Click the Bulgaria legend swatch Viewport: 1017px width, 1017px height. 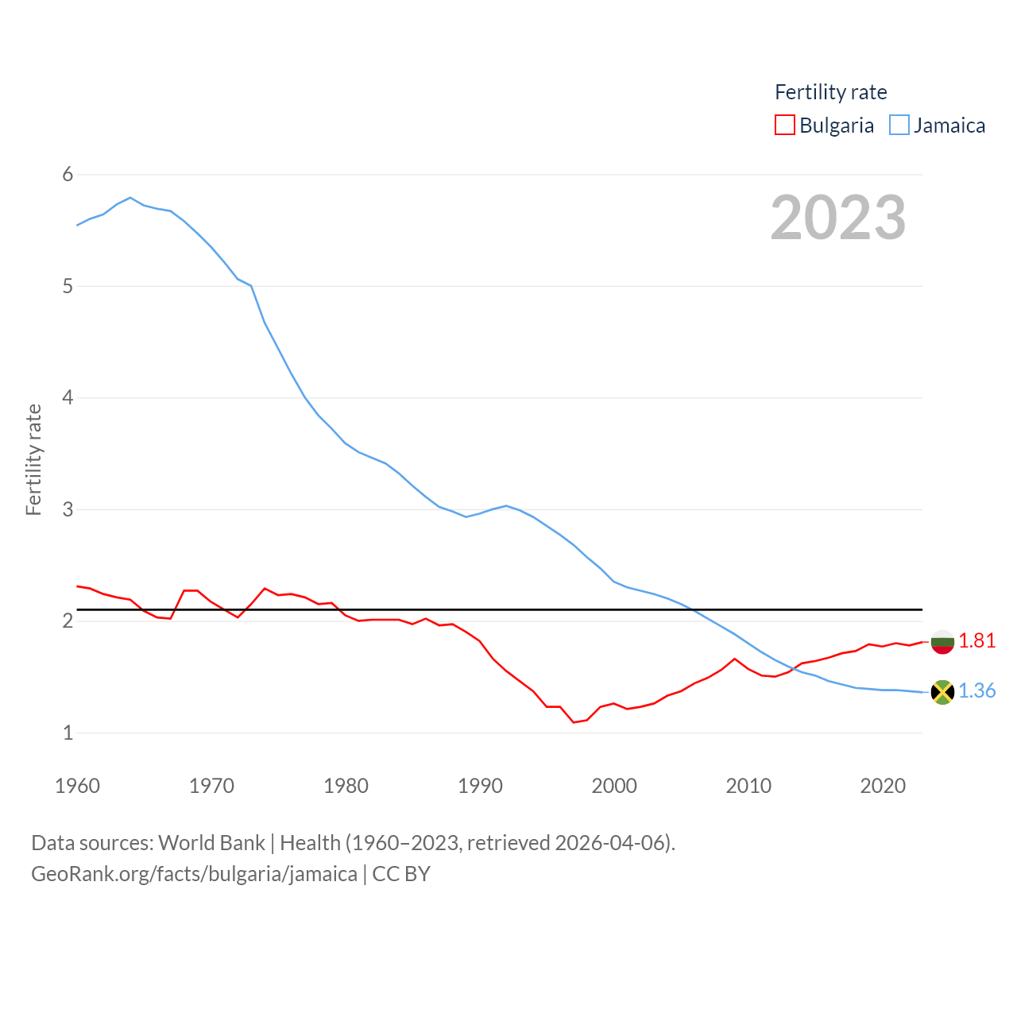click(784, 126)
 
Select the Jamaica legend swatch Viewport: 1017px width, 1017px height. click(899, 126)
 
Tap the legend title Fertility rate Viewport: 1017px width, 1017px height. click(830, 92)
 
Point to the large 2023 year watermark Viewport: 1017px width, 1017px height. click(837, 218)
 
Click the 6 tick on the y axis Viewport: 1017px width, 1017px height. click(68, 175)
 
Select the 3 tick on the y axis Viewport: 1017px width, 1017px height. click(68, 509)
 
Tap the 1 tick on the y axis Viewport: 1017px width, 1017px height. click(68, 733)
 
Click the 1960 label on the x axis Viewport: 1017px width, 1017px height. click(77, 786)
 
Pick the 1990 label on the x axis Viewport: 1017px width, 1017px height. click(480, 786)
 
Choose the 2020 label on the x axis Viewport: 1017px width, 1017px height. click(883, 786)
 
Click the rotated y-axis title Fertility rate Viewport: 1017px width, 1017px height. click(33, 460)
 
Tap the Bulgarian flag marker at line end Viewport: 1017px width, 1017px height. click(942, 642)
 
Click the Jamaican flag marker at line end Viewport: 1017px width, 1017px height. click(942, 692)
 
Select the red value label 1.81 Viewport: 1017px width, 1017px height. click(976, 640)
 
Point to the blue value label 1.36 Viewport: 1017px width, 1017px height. click(976, 690)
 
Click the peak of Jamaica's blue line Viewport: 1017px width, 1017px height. click(130, 197)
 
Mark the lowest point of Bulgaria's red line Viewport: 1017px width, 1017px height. click(573, 722)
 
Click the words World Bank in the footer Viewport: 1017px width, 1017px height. click(211, 842)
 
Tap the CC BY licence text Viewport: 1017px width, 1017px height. click(401, 874)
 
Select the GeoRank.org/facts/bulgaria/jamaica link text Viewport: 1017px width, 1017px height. click(194, 874)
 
